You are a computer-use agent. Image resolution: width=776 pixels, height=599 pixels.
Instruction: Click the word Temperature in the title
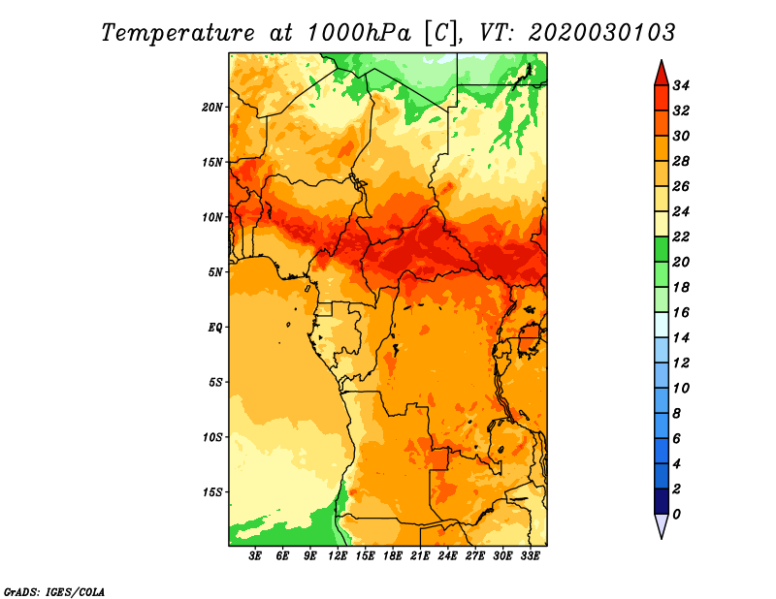[178, 33]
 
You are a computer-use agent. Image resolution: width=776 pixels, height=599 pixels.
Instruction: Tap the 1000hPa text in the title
[359, 33]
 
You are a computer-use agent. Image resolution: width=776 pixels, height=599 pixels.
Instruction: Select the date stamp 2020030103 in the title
[601, 33]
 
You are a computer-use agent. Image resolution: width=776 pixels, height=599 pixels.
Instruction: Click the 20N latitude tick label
[212, 108]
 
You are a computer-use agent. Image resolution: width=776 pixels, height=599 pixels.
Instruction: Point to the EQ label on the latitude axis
[215, 328]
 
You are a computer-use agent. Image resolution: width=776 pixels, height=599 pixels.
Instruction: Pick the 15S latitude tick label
[212, 492]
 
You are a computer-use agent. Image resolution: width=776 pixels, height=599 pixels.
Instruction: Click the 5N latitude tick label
[215, 272]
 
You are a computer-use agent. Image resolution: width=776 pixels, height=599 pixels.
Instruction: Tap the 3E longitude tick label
[255, 556]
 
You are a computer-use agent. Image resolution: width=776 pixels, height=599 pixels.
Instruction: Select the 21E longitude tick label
[420, 556]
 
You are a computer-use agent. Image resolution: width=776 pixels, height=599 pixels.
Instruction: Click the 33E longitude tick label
[530, 556]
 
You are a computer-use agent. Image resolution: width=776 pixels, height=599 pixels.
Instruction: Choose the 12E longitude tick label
[338, 556]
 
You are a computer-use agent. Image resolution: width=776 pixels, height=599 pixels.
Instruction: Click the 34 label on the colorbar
[681, 85]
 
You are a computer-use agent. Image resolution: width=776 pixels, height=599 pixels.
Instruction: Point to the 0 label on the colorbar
[676, 515]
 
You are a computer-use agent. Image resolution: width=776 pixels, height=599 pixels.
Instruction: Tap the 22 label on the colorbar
[681, 236]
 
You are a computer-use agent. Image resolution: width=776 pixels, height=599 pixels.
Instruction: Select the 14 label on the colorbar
[681, 338]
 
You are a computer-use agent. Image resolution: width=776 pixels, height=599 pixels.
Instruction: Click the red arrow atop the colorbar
[662, 75]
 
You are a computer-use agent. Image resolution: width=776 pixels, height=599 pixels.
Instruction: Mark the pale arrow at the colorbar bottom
[662, 525]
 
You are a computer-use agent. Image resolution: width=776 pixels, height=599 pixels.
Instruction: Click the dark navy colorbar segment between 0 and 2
[662, 501]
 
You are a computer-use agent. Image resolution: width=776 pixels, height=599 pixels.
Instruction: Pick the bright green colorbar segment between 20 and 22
[662, 249]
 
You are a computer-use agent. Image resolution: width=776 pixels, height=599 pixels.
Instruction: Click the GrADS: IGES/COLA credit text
[54, 592]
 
